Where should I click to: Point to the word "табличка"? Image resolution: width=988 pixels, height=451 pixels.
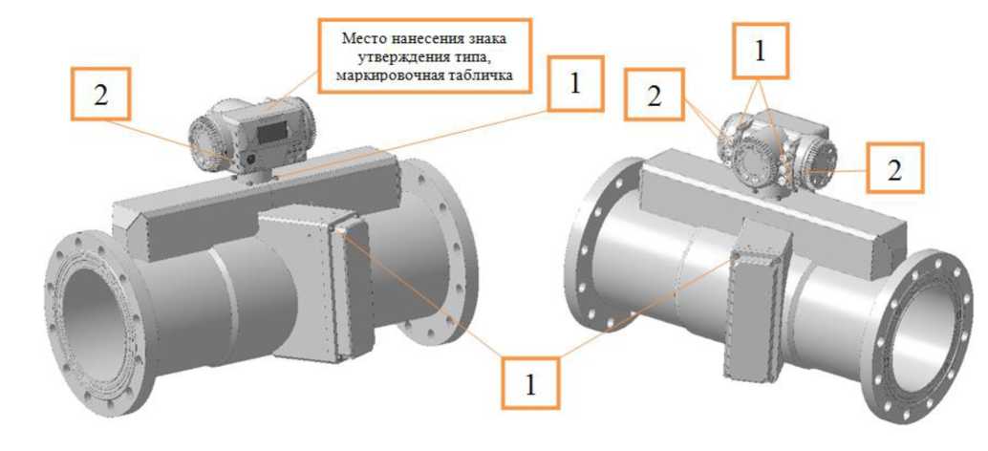tap(487, 76)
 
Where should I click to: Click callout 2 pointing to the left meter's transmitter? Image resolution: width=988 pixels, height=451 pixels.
tap(101, 94)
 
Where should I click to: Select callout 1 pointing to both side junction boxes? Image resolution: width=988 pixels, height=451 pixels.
tap(530, 382)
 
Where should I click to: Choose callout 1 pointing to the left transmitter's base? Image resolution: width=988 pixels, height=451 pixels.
tap(574, 84)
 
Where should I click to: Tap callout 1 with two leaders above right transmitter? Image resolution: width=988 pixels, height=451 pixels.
tap(760, 51)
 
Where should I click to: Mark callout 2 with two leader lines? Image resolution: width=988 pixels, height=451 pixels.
tap(654, 95)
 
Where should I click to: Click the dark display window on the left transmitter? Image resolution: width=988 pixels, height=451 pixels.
tap(271, 133)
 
